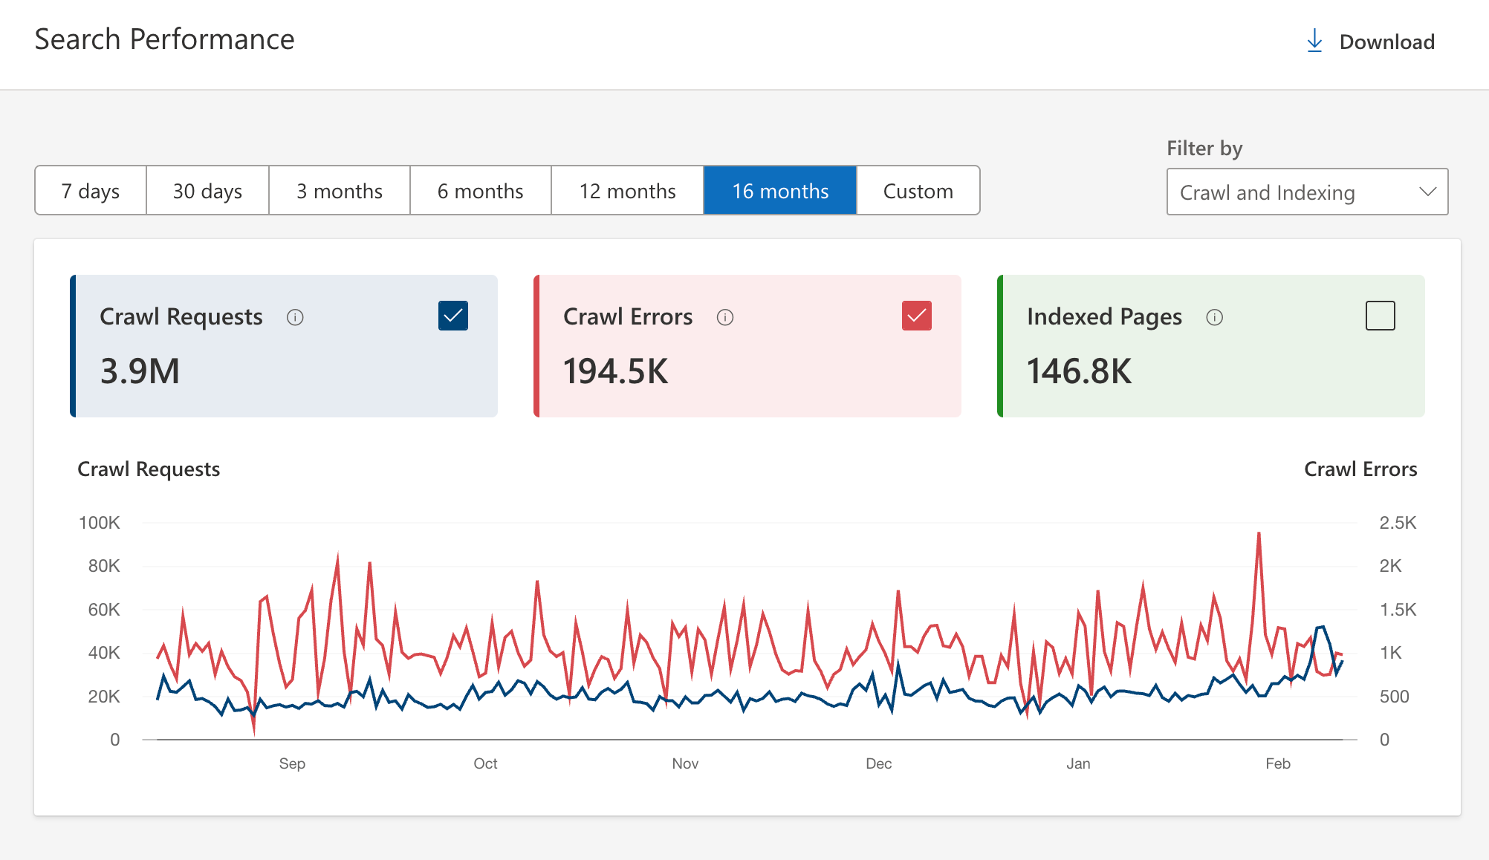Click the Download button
[x=1371, y=42]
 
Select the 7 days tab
[x=91, y=191]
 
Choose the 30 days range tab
[x=207, y=191]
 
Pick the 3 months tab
[x=339, y=191]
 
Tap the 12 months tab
[x=627, y=191]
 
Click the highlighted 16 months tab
[x=779, y=191]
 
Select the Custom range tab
[x=918, y=191]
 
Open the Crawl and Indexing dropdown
[x=1306, y=192]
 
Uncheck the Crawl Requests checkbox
[x=453, y=316]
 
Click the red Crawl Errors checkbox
[x=916, y=316]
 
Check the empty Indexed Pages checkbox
[x=1380, y=316]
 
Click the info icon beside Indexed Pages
[x=1214, y=318]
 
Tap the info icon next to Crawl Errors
[x=724, y=318]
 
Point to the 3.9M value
[x=140, y=371]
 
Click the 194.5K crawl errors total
[x=615, y=371]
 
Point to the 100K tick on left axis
[x=100, y=523]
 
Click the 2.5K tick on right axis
[x=1397, y=523]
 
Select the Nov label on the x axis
[x=685, y=763]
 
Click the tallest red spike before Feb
[x=1259, y=534]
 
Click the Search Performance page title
[x=164, y=39]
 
